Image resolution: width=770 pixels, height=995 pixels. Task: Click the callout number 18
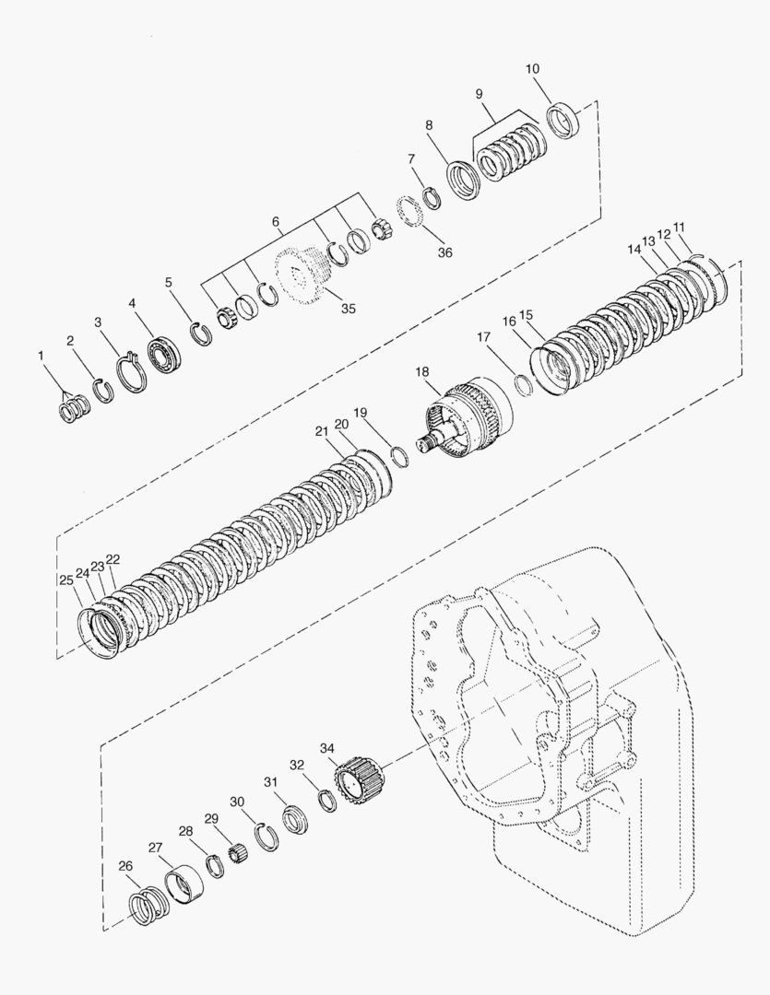(421, 371)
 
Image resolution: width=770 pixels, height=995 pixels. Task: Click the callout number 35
(348, 309)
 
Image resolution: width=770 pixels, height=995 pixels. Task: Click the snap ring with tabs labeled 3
(131, 372)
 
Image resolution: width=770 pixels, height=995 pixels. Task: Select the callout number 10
(533, 69)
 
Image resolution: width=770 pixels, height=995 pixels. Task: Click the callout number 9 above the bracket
(479, 94)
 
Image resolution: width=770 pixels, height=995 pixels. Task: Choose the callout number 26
(125, 865)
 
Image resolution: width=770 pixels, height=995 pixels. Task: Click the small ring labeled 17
(525, 383)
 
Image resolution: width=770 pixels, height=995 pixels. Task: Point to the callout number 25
(65, 579)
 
